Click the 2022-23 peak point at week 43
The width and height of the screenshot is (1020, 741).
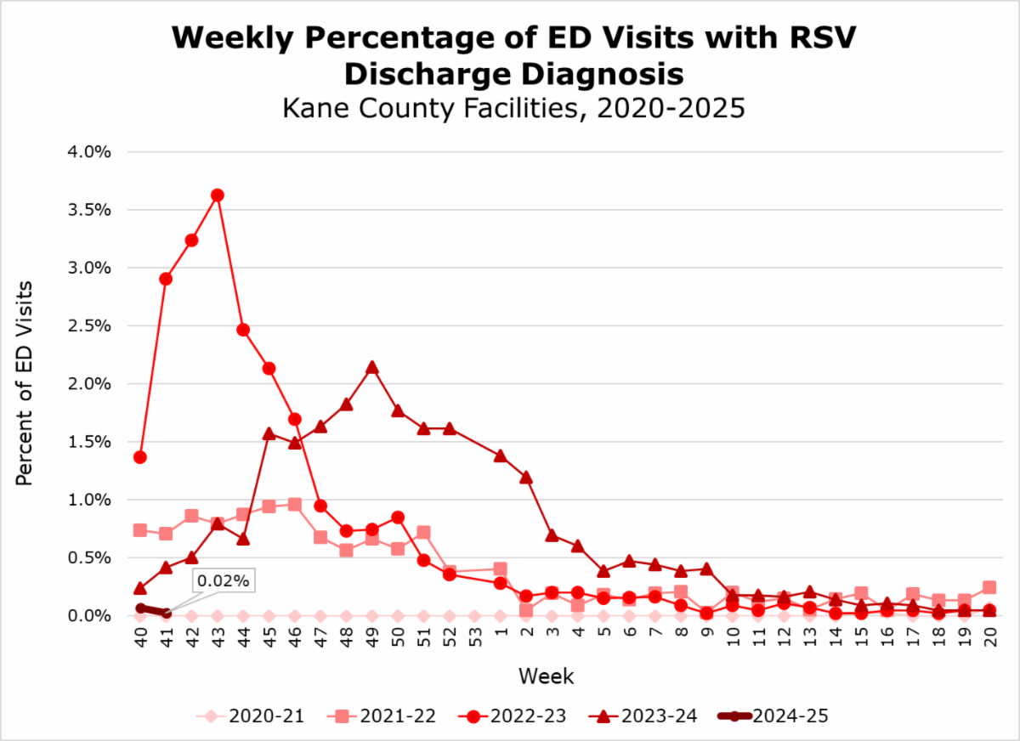tap(217, 195)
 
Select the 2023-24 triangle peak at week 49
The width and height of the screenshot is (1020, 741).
tap(371, 367)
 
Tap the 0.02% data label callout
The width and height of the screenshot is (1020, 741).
tap(224, 581)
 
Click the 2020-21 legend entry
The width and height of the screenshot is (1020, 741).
tap(251, 716)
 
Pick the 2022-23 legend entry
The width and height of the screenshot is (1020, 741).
tap(512, 716)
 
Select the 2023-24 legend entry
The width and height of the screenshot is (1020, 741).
tap(643, 716)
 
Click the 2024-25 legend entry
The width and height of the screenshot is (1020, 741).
tap(773, 716)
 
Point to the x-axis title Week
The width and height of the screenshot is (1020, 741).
tap(546, 677)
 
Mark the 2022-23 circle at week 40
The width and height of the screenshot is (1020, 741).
tap(140, 457)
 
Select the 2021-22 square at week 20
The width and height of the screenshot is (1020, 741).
tap(989, 587)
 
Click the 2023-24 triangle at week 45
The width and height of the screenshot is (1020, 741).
tap(269, 433)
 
